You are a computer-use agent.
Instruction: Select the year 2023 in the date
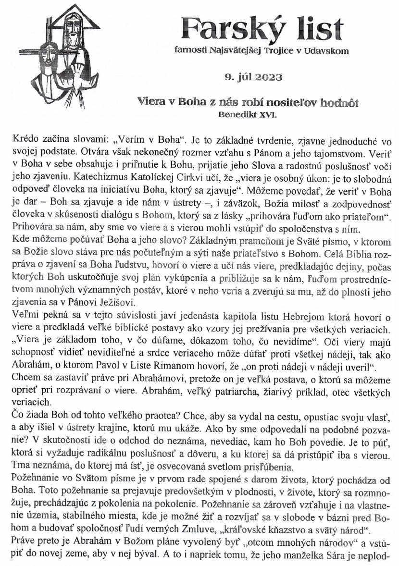click(x=268, y=76)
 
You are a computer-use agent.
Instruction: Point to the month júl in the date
click(x=244, y=76)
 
